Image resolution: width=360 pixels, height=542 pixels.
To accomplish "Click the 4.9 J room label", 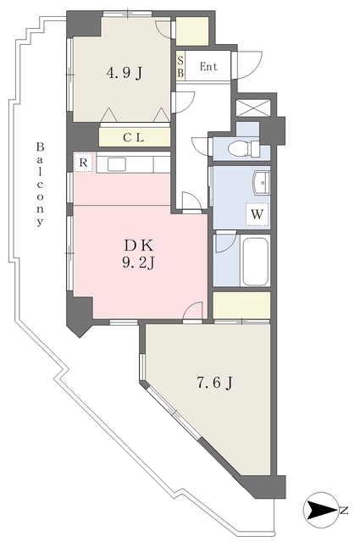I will (x=124, y=73).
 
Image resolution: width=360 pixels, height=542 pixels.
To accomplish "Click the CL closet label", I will (x=133, y=137).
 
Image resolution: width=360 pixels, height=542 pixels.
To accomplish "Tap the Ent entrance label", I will (x=208, y=67).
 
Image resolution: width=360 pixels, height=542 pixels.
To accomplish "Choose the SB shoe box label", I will (x=180, y=67).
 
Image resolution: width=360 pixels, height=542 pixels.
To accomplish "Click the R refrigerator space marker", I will (x=84, y=162).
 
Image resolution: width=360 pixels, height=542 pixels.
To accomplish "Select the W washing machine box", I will (x=257, y=215).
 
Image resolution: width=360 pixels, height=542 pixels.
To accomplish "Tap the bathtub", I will (x=255, y=261).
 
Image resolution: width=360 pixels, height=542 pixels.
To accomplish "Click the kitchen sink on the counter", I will (x=117, y=163).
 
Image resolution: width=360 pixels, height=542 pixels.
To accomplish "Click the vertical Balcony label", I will (x=39, y=184).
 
